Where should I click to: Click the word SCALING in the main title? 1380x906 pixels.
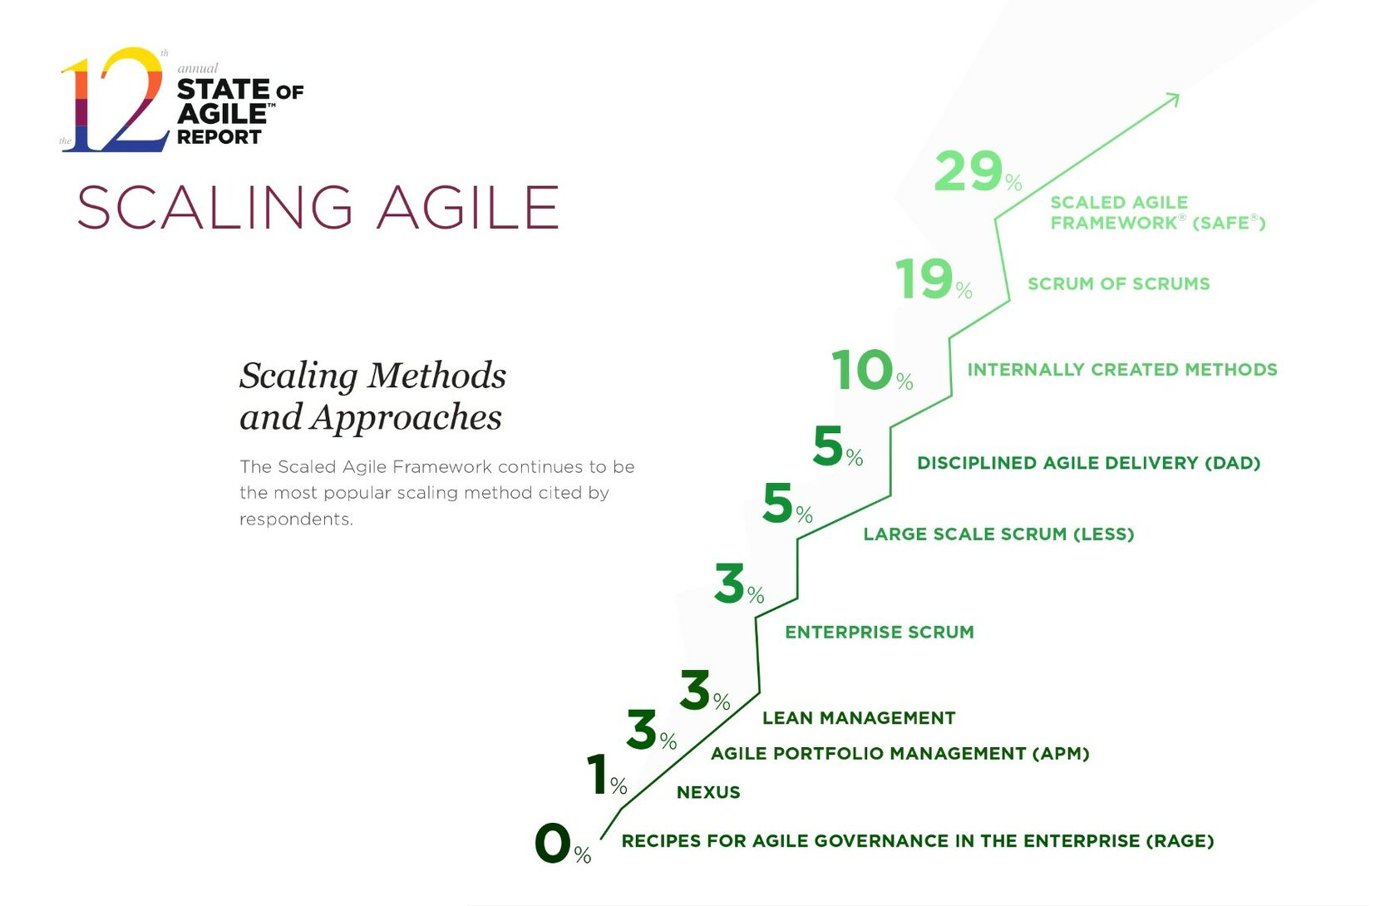(215, 208)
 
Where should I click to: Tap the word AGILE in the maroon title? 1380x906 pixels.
(467, 208)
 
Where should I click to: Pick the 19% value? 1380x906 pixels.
(932, 279)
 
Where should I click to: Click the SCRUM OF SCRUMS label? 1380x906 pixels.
(1118, 284)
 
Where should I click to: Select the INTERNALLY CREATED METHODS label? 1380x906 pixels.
(1121, 370)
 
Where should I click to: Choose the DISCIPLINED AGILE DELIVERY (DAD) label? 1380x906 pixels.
(1088, 463)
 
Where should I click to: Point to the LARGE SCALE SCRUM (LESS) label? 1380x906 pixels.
(998, 534)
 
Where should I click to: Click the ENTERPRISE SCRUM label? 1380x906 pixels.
(879, 633)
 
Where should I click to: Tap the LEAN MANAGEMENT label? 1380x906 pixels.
(859, 718)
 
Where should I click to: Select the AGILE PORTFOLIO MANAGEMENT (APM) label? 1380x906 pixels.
(899, 754)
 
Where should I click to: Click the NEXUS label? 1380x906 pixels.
(708, 793)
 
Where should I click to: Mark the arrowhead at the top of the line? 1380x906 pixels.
(1173, 99)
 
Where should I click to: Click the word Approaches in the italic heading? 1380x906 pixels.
(406, 417)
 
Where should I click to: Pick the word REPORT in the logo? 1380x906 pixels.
(219, 137)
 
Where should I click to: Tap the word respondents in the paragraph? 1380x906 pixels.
(296, 519)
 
